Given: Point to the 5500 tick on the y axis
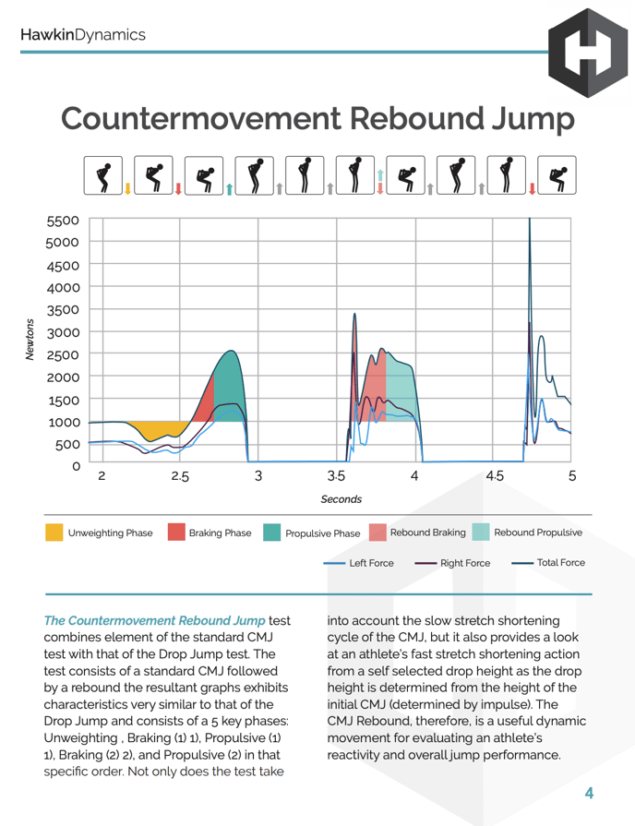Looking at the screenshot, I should coord(64,221).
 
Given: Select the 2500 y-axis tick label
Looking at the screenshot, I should coord(64,354).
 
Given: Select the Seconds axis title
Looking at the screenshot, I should coord(341,499).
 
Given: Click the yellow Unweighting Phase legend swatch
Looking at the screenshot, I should coord(54,533).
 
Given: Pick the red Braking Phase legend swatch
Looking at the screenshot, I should coord(175,533).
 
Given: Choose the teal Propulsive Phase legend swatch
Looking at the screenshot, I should coord(271,533).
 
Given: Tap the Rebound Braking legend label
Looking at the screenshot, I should coord(427,533).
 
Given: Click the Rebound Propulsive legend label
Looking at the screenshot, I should coord(538,533).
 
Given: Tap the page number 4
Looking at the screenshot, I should coord(588,793).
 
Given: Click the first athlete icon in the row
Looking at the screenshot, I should coord(103,175).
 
